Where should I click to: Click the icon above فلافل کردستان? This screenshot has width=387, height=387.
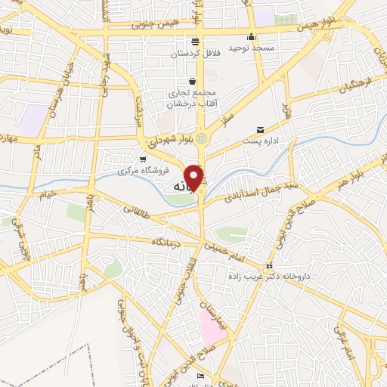click(x=195, y=42)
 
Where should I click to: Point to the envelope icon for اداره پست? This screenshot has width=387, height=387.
click(x=261, y=130)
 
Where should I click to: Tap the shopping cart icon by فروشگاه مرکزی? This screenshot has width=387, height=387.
click(x=143, y=159)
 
